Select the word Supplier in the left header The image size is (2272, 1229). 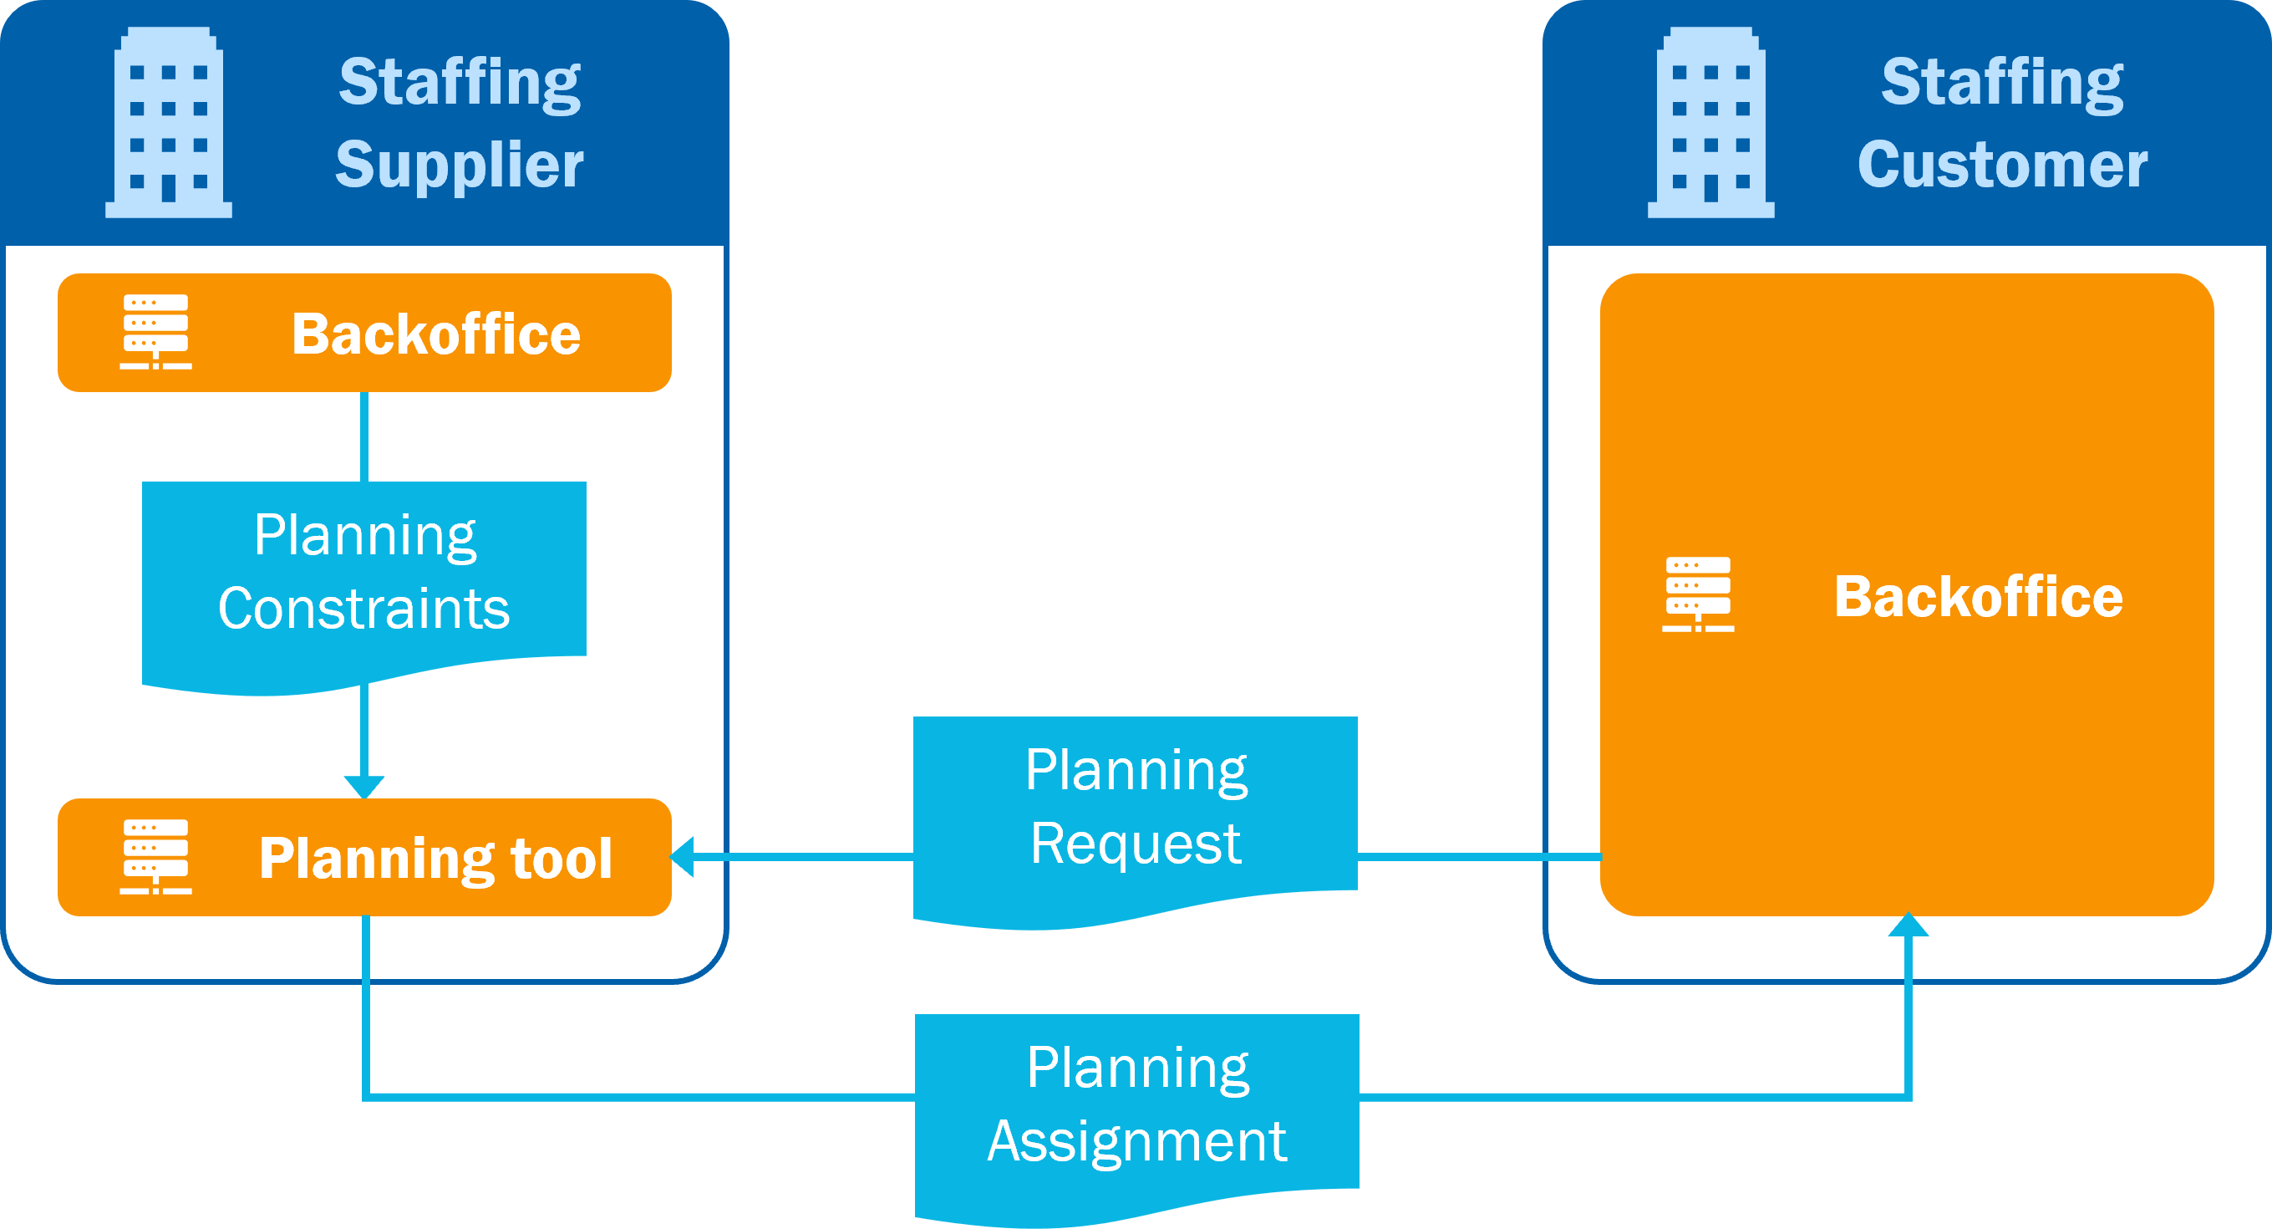click(460, 165)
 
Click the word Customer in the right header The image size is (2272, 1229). click(2002, 165)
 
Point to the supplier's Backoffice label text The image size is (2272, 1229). click(435, 334)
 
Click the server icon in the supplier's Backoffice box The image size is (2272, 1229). click(156, 332)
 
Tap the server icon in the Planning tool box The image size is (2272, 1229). click(156, 857)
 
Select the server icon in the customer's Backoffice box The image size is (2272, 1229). click(1698, 594)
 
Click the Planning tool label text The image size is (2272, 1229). click(435, 859)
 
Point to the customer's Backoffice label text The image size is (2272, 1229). click(1979, 597)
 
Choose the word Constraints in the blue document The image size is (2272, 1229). click(363, 609)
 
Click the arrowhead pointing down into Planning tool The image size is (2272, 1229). click(364, 786)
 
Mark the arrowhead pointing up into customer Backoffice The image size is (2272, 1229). click(1909, 926)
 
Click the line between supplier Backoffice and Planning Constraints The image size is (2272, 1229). click(364, 436)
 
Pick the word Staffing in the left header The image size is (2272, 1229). click(460, 82)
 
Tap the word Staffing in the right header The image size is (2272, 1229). click(2002, 82)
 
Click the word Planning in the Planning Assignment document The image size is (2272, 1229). click(1137, 1068)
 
